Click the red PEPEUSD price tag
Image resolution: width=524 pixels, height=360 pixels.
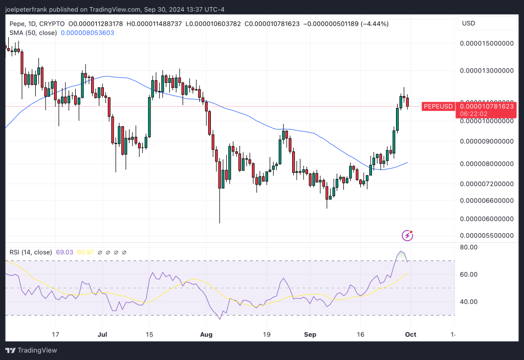point(438,106)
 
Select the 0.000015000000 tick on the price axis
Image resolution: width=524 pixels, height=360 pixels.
point(487,44)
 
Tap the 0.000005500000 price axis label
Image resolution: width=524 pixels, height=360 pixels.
point(487,236)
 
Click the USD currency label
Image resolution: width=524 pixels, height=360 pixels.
point(469,24)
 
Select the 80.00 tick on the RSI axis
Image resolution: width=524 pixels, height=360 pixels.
point(469,247)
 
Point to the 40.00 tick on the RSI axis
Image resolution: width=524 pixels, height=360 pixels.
point(469,302)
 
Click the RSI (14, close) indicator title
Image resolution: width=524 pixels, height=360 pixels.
point(31,252)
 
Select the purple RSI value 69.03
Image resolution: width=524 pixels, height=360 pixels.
point(65,252)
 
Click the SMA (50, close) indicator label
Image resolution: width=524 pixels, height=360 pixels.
point(33,33)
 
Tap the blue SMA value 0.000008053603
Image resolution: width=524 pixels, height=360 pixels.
point(88,33)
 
